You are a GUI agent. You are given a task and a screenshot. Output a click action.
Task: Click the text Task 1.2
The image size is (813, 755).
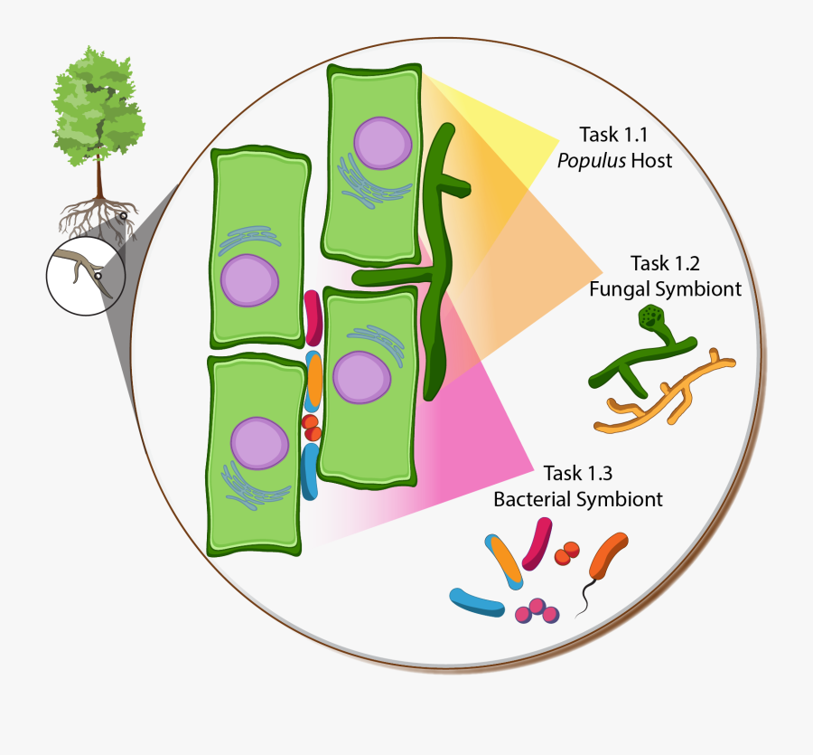coord(665,264)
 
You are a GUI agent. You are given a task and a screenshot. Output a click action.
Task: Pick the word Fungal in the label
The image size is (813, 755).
coord(620,289)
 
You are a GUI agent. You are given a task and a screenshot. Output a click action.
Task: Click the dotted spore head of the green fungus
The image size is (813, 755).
coord(651,317)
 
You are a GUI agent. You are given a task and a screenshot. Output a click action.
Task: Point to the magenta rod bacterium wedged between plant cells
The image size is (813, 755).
coord(313,317)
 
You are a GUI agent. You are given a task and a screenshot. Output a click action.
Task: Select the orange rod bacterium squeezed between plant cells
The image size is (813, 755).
coord(315,381)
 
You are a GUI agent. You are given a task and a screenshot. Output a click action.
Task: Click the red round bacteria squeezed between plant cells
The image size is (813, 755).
coord(311,427)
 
